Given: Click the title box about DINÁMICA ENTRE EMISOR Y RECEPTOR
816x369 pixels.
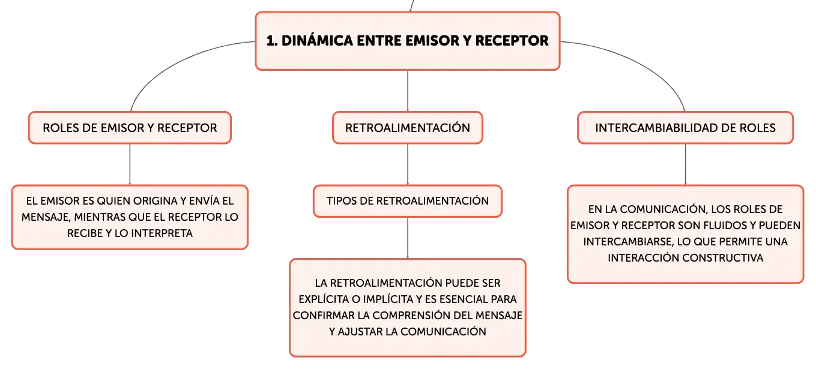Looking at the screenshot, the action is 407,41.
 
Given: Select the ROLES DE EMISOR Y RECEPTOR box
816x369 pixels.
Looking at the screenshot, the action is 130,128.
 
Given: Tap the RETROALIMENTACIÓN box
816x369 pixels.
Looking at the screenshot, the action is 407,128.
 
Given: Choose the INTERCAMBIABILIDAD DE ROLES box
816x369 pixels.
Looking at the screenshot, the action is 685,128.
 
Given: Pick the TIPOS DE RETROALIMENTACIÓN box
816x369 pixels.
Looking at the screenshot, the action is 407,201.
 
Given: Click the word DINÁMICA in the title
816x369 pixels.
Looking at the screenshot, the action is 316,40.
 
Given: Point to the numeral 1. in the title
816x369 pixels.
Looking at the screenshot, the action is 272,41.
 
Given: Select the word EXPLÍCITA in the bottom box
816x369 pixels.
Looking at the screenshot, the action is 324,299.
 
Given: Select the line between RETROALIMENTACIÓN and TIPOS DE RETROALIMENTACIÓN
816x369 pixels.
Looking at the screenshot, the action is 408,164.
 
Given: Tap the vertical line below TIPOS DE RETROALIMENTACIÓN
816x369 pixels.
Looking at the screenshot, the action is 408,238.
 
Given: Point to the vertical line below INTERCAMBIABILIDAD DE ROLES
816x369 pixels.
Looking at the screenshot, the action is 686,164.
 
